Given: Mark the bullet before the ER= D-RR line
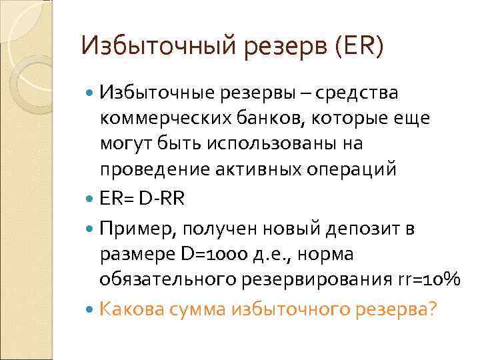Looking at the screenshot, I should (91, 200).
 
